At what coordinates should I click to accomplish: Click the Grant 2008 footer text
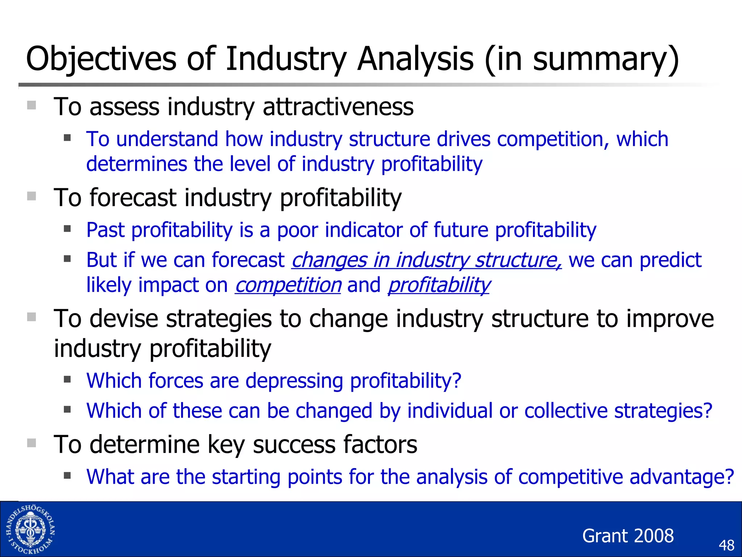628,536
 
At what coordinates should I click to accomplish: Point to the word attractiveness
338,107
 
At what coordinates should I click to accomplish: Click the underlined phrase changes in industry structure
426,260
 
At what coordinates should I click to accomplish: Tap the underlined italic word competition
288,285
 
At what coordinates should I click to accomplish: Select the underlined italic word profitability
439,285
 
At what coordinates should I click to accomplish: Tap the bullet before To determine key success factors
32,443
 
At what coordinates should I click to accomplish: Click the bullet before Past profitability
67,229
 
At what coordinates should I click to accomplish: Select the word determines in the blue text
137,164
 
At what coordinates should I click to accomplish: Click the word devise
124,319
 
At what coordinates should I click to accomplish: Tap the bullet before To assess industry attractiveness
32,105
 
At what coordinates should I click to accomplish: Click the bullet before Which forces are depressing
67,380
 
